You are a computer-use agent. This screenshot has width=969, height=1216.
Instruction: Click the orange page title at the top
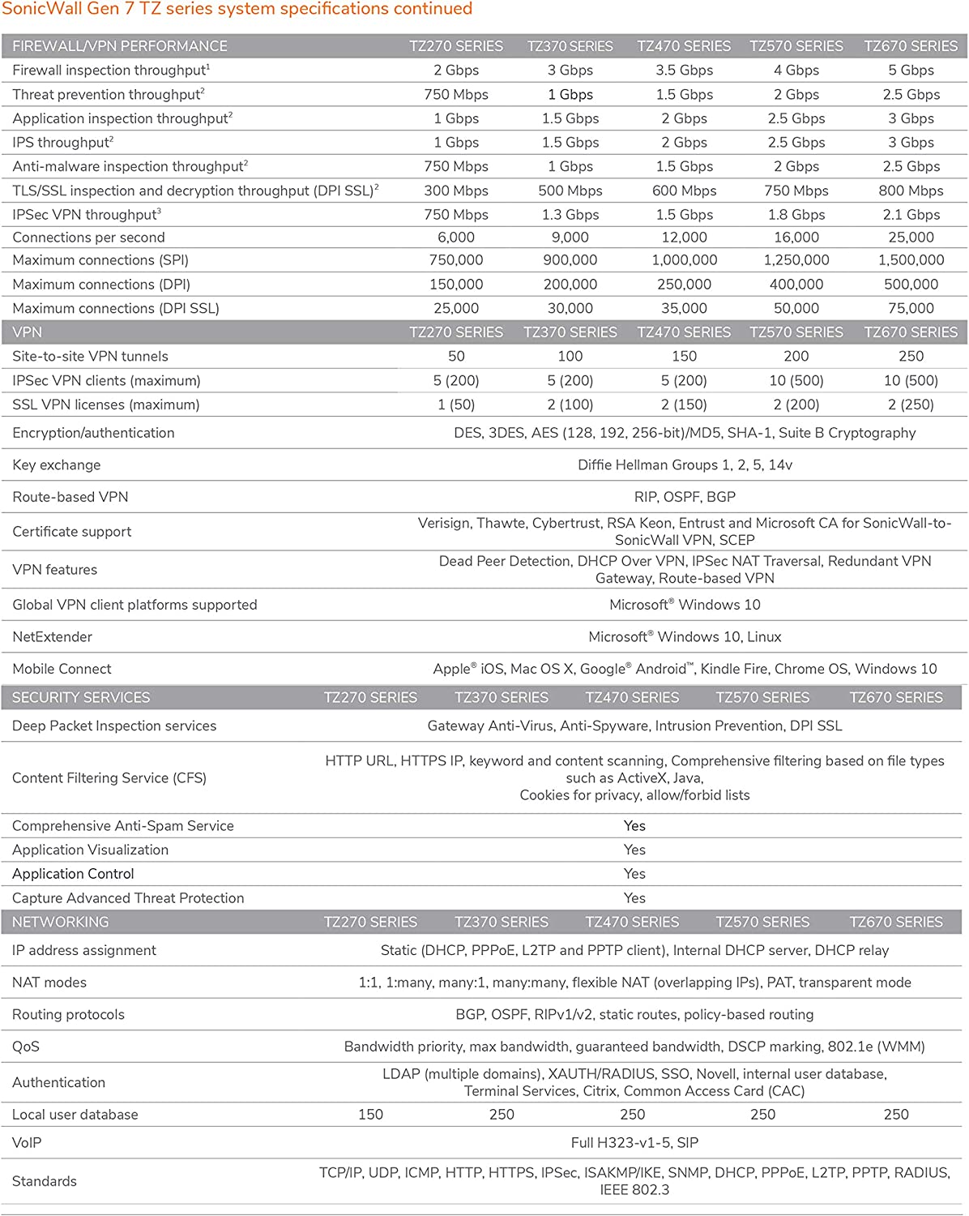[237, 10]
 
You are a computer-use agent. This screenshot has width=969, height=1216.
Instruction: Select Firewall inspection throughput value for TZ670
[911, 71]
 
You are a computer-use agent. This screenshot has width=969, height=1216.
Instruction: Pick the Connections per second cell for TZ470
[684, 238]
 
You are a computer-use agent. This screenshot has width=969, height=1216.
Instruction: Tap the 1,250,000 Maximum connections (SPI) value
[796, 260]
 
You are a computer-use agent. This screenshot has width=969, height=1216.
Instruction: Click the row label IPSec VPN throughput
[86, 215]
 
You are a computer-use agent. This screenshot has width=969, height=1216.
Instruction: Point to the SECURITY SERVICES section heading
[81, 697]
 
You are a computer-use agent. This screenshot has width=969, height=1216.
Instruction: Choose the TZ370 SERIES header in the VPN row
[570, 332]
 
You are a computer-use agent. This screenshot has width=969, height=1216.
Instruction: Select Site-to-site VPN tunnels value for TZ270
[456, 356]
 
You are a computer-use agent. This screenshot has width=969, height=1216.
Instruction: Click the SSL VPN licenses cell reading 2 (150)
[684, 405]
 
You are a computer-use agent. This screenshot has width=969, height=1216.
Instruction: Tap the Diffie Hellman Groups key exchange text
[685, 465]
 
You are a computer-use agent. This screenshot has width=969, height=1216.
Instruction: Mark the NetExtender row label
[52, 637]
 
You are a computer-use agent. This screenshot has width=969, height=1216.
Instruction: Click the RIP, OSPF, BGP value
[685, 497]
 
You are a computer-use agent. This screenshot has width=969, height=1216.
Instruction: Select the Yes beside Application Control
[634, 874]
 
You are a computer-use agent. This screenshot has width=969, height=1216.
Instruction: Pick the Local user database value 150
[370, 1115]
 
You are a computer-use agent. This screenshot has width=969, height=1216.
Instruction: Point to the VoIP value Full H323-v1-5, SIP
[634, 1143]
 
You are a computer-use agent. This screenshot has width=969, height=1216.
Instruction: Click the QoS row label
[26, 1047]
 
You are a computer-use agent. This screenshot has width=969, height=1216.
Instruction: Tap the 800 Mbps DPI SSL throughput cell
[911, 191]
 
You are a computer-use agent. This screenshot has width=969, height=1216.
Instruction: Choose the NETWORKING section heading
[61, 922]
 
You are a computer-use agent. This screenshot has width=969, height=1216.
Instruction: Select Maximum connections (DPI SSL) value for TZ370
[570, 309]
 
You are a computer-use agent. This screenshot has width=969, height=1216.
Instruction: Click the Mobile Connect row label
[62, 669]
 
